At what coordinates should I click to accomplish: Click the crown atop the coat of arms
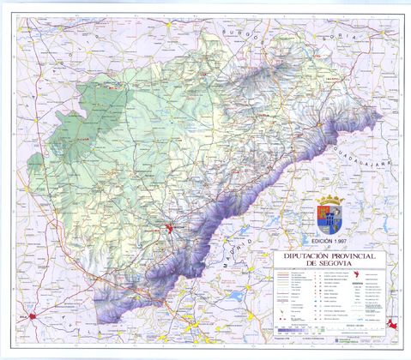tap(331, 200)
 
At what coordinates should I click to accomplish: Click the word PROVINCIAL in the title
tap(354, 255)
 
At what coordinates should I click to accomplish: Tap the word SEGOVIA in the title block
tap(336, 264)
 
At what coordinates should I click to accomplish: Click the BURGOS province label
tap(237, 33)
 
